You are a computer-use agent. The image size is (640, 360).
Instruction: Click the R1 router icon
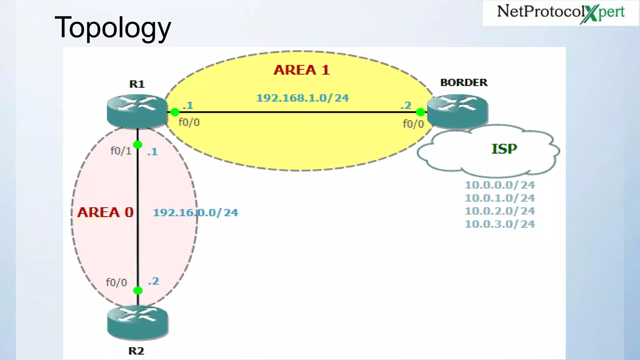(137, 111)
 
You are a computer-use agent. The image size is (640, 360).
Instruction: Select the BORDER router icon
(457, 111)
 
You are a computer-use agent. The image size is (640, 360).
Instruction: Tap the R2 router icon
(137, 322)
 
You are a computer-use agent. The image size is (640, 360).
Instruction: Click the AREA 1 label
(302, 70)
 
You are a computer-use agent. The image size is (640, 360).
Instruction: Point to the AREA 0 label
(105, 212)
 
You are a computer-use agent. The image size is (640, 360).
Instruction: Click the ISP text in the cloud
(504, 149)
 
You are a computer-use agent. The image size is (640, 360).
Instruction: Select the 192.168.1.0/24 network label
(302, 98)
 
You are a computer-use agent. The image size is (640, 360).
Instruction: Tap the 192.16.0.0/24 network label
(195, 213)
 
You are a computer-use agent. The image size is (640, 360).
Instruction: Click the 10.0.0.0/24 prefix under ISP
(500, 185)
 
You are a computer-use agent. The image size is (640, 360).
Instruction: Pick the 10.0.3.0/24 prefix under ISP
(500, 224)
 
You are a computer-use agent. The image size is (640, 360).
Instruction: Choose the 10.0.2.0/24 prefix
(500, 211)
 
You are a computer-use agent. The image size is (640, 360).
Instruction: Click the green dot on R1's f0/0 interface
(175, 112)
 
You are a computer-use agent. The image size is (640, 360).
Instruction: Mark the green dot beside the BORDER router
(421, 112)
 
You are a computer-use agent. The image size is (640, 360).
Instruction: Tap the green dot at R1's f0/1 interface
(137, 145)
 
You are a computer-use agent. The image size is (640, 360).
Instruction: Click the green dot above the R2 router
(138, 291)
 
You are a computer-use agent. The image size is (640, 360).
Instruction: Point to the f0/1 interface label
(121, 151)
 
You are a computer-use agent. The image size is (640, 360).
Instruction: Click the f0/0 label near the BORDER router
(413, 124)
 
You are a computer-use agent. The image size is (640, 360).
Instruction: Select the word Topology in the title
(113, 27)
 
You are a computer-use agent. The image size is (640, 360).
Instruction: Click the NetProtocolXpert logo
(561, 13)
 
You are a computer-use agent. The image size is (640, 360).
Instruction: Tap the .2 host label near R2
(153, 281)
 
